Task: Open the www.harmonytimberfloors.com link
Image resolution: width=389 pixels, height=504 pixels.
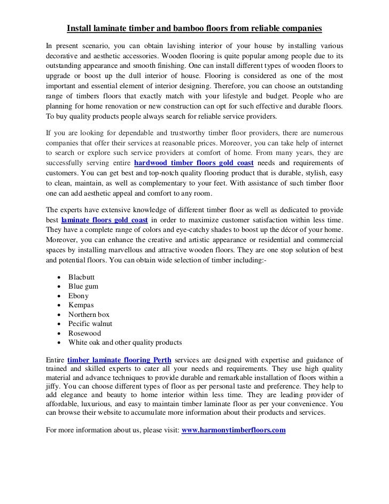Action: (234, 429)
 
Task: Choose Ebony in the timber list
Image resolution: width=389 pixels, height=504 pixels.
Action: (79, 296)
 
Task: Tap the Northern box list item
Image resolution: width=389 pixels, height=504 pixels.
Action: (89, 315)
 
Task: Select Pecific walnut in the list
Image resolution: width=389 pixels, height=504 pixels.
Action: (90, 324)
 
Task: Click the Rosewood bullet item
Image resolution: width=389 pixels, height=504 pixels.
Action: (84, 333)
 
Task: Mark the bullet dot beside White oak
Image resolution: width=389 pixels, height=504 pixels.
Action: (58, 343)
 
